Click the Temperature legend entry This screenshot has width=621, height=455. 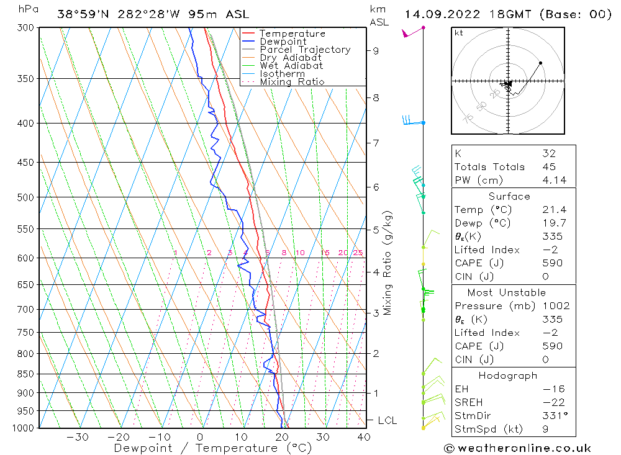(x=292, y=34)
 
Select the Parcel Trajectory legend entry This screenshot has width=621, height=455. (x=305, y=50)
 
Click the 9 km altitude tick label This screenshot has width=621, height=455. (x=376, y=50)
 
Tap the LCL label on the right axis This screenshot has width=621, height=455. (x=388, y=420)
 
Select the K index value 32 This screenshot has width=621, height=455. (x=548, y=153)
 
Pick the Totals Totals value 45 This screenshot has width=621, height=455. (x=548, y=166)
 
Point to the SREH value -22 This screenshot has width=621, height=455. (x=550, y=402)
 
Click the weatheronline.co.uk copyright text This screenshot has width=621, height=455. (x=518, y=448)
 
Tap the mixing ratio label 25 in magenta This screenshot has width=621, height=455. (x=358, y=253)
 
